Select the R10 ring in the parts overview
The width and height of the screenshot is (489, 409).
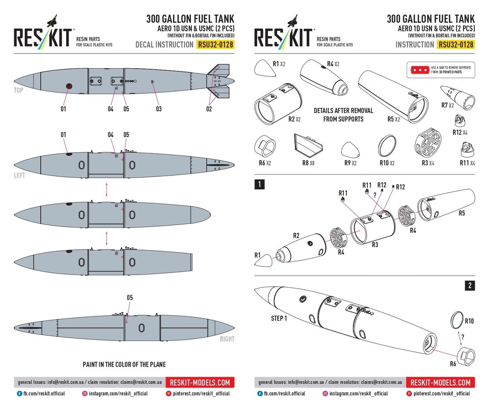[388, 147]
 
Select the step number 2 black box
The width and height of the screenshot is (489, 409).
[469, 286]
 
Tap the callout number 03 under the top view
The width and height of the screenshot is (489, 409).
[159, 109]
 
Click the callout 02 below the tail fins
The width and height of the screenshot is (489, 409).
[209, 109]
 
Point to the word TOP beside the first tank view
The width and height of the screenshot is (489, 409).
[19, 90]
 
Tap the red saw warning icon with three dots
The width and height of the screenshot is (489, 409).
[419, 69]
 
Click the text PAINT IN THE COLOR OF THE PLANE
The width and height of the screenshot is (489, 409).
[124, 365]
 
